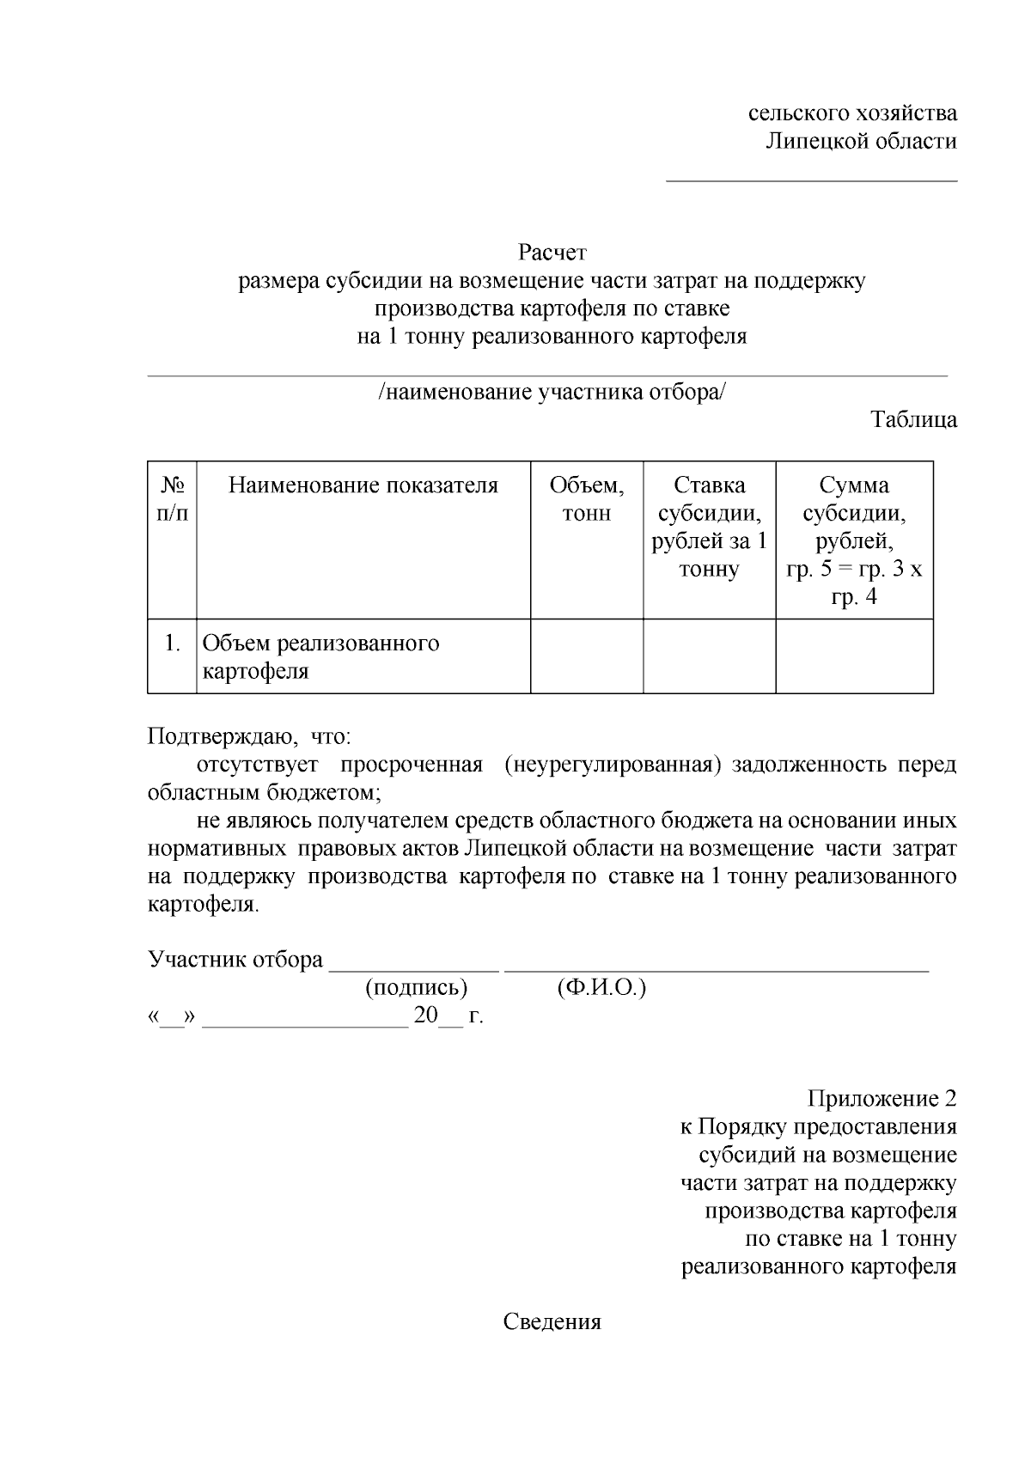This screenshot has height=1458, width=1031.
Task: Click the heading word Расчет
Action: coord(552,253)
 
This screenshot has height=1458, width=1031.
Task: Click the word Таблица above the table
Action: coord(913,420)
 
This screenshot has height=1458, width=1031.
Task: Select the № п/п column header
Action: coord(173,499)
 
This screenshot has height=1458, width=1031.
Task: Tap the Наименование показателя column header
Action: coord(363,485)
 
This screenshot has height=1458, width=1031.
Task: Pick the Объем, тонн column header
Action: coord(587,499)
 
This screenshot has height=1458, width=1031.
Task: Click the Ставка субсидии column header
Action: coord(709,527)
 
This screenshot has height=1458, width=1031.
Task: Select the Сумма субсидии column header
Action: coord(854,540)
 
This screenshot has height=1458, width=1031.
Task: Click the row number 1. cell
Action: coord(173,643)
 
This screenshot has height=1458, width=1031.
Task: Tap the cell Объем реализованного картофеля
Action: coord(320,656)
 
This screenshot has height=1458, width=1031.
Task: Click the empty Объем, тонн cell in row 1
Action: coord(587,656)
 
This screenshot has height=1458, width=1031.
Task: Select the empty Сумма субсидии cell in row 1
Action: coord(854,656)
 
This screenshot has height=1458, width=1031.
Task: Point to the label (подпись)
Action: coord(417,988)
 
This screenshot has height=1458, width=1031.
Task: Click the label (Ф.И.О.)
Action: coord(601,988)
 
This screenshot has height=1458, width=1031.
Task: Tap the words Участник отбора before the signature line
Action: coord(235,960)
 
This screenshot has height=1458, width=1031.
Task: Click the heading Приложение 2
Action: coord(881,1099)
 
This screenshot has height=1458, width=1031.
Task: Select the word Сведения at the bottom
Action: coord(552,1322)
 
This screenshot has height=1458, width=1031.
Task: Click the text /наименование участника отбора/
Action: coord(552,393)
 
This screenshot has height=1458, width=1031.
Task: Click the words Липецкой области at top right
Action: coord(861,142)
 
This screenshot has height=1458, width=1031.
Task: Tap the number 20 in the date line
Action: coord(425,1016)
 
